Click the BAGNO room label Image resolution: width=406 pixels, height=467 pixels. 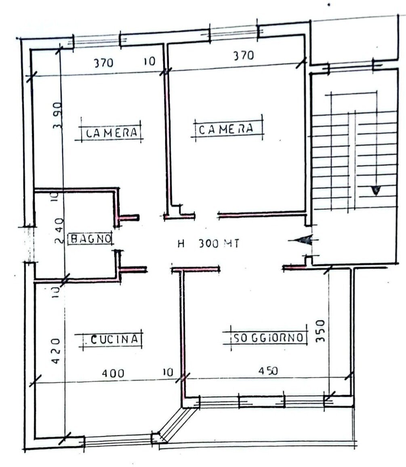90,239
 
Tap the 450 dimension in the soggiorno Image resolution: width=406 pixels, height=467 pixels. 266,371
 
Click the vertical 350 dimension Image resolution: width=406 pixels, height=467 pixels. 320,330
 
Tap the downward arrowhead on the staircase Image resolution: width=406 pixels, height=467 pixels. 375,190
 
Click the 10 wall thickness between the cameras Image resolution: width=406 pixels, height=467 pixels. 149,62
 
